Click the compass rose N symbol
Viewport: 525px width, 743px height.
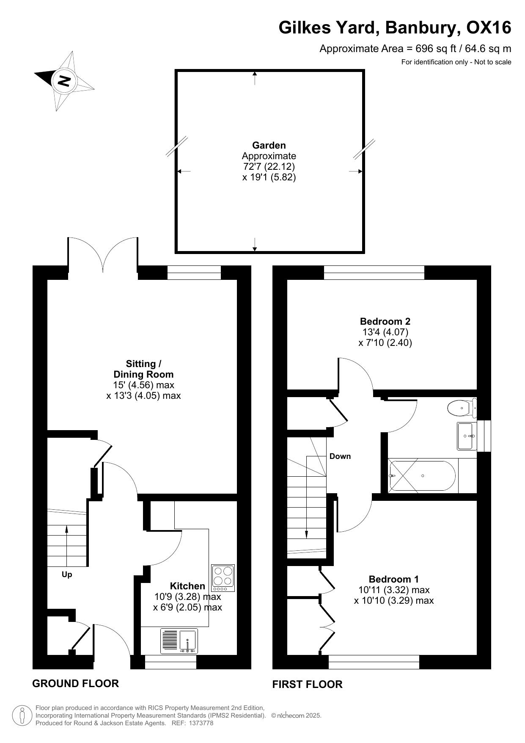64,80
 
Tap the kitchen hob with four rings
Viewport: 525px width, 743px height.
223,578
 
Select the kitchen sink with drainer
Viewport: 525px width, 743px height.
179,641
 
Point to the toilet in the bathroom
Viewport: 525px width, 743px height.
462,408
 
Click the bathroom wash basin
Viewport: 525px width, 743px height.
467,436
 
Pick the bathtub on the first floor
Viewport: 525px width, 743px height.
422,476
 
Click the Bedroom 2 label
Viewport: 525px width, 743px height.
385,321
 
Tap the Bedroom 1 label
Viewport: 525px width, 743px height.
394,579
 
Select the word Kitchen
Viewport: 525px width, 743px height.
187,586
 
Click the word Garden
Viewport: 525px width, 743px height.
269,146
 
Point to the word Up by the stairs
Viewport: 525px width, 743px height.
67,575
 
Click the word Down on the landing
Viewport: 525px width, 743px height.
340,456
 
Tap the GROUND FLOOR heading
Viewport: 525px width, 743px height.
75,683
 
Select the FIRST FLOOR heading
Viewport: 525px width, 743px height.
307,684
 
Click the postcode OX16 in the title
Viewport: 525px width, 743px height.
489,28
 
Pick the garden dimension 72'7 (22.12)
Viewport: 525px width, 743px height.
269,166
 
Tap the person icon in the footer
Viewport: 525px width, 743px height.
22,715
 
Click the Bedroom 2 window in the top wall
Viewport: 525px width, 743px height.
374,273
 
